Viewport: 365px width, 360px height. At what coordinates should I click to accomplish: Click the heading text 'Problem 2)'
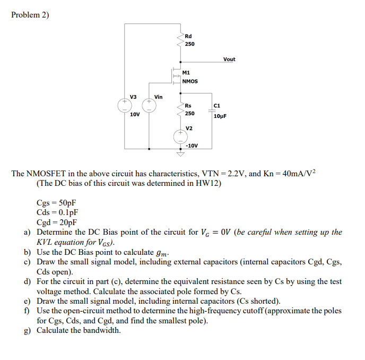30,15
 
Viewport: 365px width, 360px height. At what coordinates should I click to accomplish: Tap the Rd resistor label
188,36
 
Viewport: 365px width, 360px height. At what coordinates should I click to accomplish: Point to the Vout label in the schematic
229,59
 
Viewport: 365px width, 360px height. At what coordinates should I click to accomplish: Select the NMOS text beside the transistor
190,81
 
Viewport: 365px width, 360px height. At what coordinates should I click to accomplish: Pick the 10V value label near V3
135,115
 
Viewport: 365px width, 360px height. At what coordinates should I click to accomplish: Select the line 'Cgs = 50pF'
56,203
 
